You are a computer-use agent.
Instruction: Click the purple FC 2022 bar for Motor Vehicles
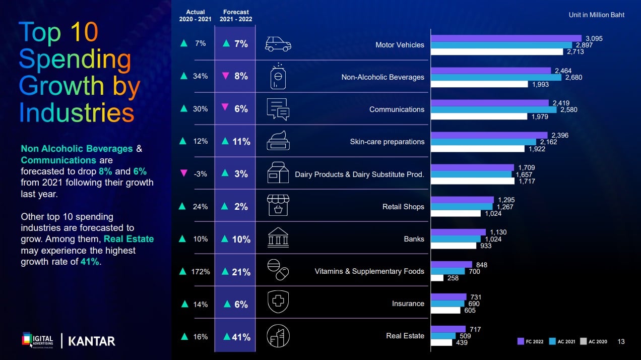click(506, 38)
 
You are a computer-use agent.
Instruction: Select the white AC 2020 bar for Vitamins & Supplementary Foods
click(437, 278)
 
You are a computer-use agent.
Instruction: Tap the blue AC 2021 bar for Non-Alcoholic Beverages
click(496, 77)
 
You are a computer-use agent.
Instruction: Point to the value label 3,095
click(594, 38)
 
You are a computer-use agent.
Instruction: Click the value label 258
click(453, 278)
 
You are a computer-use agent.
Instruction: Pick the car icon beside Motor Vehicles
click(278, 44)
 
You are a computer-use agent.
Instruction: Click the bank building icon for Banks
click(278, 238)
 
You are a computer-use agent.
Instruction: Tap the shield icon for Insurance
click(278, 303)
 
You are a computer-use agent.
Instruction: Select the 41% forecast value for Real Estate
click(241, 337)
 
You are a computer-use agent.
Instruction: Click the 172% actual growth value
click(201, 272)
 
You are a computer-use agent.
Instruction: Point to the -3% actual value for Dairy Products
click(200, 174)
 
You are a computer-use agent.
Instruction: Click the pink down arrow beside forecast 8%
click(225, 76)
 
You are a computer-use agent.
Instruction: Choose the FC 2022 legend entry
click(531, 341)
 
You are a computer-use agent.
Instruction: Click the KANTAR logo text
click(92, 341)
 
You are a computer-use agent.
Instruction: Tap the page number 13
click(621, 341)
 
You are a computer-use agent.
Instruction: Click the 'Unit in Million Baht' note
click(596, 15)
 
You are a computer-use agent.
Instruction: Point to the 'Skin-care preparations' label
click(387, 142)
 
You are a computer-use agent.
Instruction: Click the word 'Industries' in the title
click(77, 112)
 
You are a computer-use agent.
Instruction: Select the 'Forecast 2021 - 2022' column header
click(236, 16)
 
